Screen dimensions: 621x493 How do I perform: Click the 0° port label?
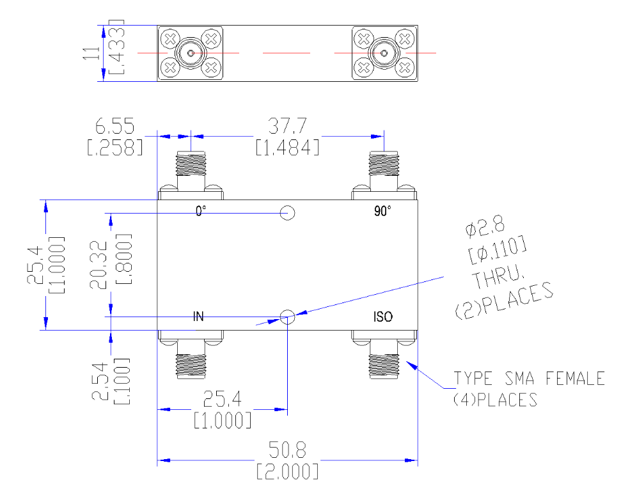point(201,211)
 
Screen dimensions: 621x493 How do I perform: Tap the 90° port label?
point(382,211)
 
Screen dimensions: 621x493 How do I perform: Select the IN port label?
point(198,317)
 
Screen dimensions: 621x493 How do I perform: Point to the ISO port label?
point(383,317)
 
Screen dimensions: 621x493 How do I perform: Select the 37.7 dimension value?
point(288,126)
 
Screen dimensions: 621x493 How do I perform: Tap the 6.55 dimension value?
point(115,126)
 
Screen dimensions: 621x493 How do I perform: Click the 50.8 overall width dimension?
point(288,450)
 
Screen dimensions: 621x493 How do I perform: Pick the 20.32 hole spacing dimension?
point(98,265)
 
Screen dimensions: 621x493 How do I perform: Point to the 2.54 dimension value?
point(100,381)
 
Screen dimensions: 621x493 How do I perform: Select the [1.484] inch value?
point(288,148)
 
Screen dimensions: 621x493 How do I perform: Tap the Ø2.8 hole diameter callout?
point(485,227)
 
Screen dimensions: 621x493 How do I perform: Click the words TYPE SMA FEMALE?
point(529,379)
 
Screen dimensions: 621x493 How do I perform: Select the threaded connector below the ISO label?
point(384,366)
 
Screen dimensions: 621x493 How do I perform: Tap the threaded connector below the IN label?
point(191,366)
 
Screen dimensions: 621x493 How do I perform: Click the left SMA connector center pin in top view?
point(191,52)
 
